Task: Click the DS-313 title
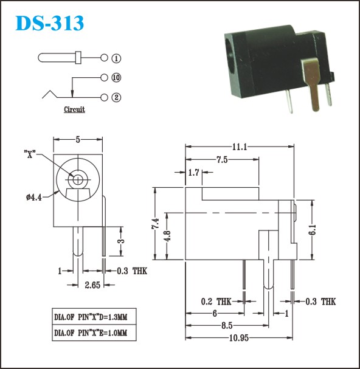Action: [50, 23]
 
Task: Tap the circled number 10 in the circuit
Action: [116, 78]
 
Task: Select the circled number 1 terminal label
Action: [116, 58]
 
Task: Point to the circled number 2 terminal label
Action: [116, 97]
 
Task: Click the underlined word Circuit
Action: [74, 109]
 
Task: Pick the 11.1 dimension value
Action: [240, 147]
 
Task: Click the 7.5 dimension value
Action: [222, 160]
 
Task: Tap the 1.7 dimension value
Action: [194, 173]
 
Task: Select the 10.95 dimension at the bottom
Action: [239, 338]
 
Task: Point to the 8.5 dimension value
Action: [227, 325]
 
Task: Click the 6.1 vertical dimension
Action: [313, 230]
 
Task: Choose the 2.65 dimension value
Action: [92, 285]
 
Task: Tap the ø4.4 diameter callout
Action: [34, 197]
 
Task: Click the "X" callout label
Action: [30, 154]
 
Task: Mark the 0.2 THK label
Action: [216, 302]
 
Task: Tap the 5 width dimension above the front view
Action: [78, 140]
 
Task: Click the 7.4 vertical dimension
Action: [156, 224]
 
